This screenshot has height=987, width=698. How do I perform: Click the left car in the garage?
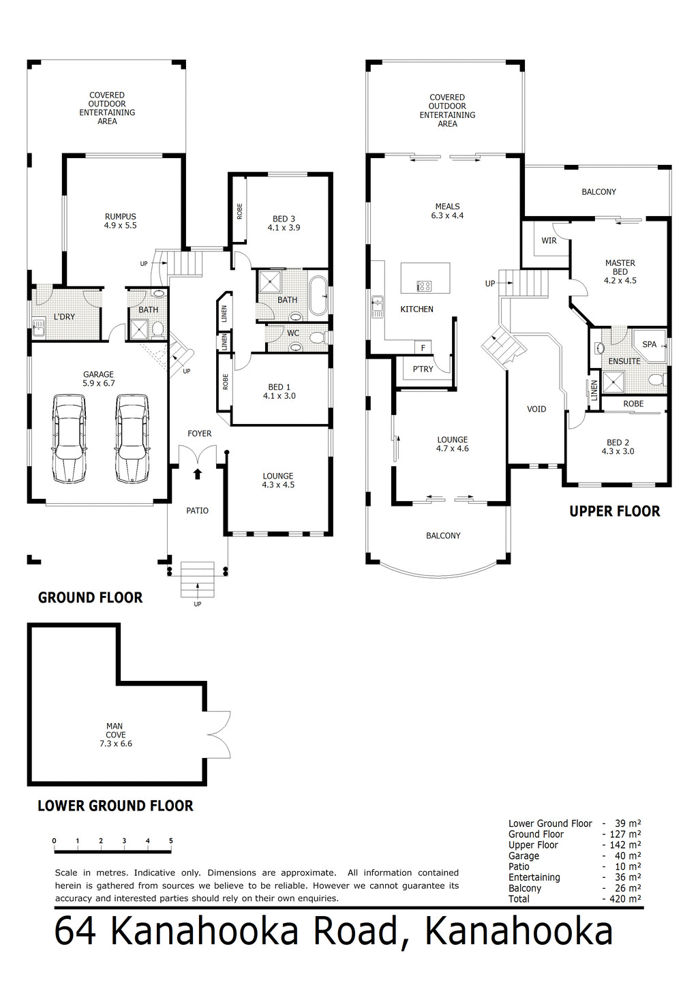tap(70, 438)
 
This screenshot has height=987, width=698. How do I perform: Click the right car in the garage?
tap(132, 438)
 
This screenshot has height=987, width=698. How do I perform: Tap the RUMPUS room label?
tap(121, 217)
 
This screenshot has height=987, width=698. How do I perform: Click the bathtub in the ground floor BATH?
tap(318, 295)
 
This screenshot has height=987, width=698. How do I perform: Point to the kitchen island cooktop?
tap(423, 286)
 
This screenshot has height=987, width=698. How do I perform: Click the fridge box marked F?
tap(423, 348)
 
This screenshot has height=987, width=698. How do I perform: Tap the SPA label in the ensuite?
tap(649, 344)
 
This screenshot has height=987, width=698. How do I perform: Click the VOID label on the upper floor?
tap(536, 409)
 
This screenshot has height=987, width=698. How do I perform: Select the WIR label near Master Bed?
tap(549, 241)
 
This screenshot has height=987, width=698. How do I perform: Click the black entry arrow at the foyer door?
tap(198, 474)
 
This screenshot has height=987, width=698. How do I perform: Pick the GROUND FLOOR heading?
tap(90, 598)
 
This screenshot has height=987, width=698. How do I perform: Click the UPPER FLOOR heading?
tap(614, 512)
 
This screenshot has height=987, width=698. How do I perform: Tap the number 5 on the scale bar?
tap(171, 841)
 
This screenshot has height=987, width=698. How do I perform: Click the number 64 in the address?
tap(74, 932)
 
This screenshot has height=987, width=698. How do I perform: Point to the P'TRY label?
tap(423, 369)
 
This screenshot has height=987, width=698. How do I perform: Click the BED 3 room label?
tap(284, 219)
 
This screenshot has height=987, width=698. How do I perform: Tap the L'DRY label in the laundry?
tap(64, 317)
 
